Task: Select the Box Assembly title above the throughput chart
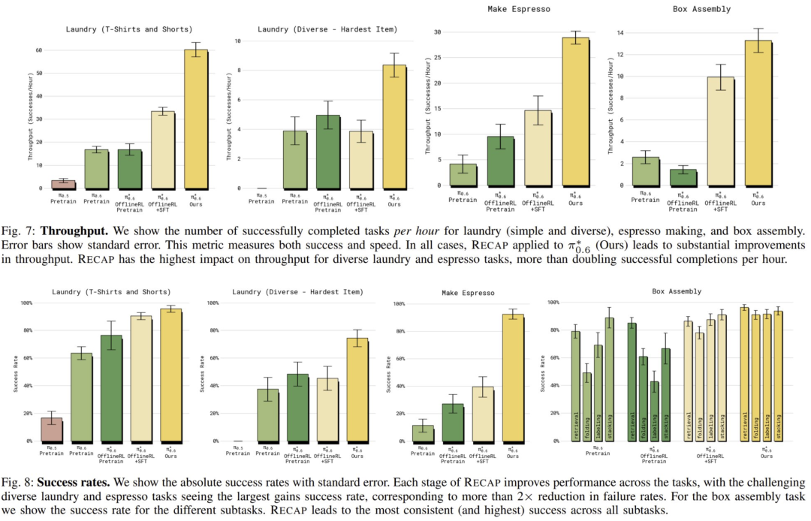[710, 10]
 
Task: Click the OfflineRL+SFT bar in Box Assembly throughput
[719, 131]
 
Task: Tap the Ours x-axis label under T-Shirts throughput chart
[195, 201]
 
